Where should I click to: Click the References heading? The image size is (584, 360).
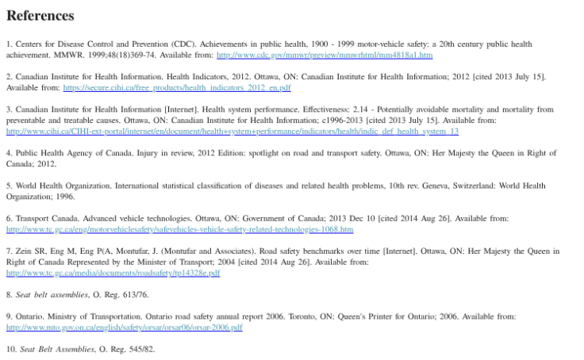(40, 16)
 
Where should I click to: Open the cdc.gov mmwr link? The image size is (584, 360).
(324, 56)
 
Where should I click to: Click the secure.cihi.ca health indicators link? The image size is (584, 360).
(176, 87)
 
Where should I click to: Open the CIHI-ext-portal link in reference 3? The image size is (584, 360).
(232, 131)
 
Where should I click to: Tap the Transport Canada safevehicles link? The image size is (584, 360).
(179, 229)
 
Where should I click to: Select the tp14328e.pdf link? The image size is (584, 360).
(113, 273)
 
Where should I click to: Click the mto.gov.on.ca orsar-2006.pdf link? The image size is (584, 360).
(124, 327)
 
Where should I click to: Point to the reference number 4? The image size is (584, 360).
(9, 153)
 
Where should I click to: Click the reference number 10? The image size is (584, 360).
(10, 349)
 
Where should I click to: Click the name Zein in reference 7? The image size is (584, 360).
(24, 251)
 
